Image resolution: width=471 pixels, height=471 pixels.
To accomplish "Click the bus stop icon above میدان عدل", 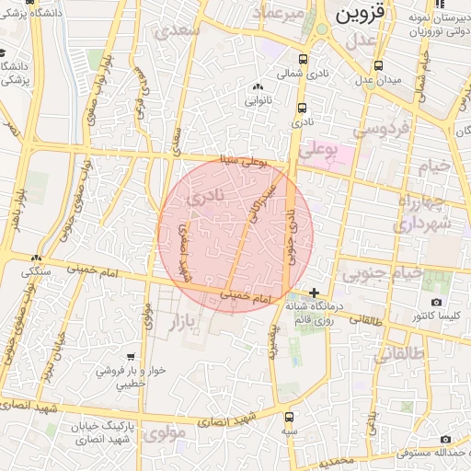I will (379, 65).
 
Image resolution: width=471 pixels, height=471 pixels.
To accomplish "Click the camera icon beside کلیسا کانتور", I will (436, 303).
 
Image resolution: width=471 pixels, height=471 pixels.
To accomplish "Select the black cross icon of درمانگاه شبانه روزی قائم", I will (315, 292).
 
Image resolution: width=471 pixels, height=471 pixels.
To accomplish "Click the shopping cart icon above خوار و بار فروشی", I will (132, 356).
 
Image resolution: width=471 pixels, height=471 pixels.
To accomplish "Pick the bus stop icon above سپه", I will (290, 417).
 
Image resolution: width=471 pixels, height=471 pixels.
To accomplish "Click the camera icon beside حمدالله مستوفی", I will (446, 440).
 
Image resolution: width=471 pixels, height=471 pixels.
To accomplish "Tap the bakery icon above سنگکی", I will (37, 259).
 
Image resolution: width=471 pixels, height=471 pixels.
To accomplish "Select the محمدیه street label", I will (333, 458).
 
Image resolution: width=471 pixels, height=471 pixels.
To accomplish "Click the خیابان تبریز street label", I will (53, 360).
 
